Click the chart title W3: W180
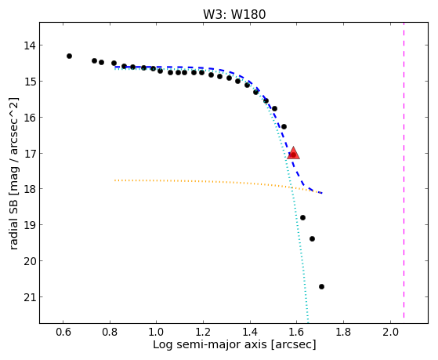(234, 14)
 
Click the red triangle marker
(293, 153)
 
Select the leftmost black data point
(69, 56)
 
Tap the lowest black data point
(321, 286)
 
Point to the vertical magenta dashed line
(404, 171)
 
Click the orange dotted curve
(219, 182)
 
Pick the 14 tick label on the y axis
(30, 45)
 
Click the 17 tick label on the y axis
(30, 154)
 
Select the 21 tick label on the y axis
(30, 297)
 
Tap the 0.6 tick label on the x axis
(63, 332)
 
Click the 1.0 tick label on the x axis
(157, 332)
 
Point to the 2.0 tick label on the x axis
(390, 332)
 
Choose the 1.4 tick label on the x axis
(250, 332)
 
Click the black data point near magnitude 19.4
(313, 238)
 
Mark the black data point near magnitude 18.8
(302, 217)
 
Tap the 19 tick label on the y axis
(30, 225)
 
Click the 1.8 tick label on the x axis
(343, 332)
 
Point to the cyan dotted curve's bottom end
(308, 322)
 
